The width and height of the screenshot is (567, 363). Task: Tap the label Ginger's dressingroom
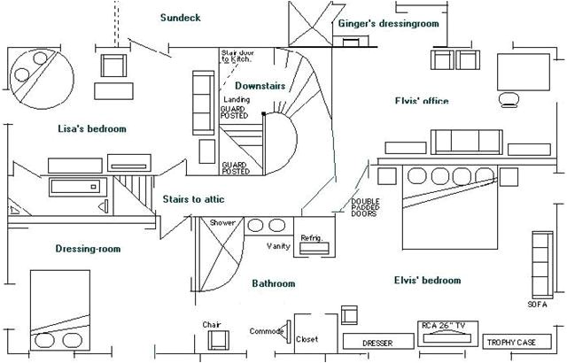(x=388, y=24)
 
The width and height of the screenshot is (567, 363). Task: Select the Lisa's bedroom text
(x=92, y=129)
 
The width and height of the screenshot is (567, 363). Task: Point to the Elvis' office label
(x=422, y=101)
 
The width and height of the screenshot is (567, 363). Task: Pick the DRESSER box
(x=377, y=342)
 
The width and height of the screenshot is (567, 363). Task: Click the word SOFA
(x=538, y=304)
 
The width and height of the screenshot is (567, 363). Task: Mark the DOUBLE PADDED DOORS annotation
(x=366, y=208)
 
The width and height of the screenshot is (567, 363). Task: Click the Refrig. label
(x=311, y=238)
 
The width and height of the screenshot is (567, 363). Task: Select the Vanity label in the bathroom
(x=280, y=245)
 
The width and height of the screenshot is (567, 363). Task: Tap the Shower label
(x=223, y=223)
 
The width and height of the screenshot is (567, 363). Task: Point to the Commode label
(x=268, y=331)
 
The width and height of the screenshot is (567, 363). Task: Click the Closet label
(x=307, y=338)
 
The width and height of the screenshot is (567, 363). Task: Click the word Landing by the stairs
(x=236, y=100)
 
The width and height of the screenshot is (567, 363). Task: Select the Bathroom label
(x=273, y=284)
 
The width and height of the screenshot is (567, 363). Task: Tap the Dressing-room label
(x=88, y=250)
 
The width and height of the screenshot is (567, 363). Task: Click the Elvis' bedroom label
(x=427, y=281)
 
